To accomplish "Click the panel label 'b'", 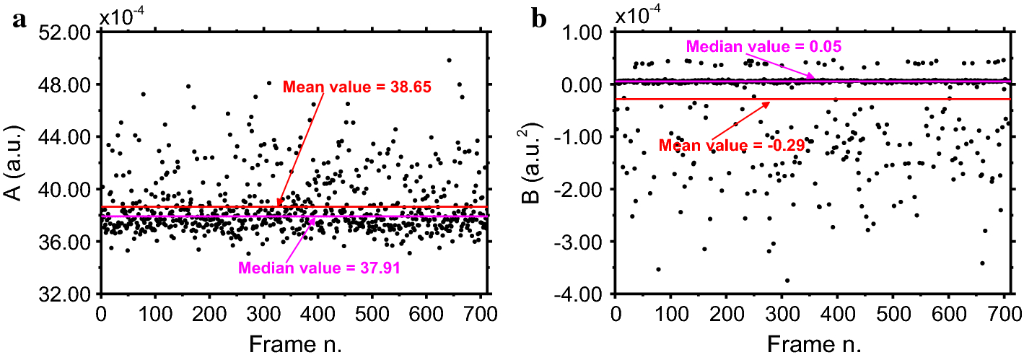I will pyautogui.click(x=539, y=19).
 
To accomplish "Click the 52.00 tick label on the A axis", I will pyautogui.click(x=66, y=32).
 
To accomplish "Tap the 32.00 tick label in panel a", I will pyautogui.click(x=66, y=294).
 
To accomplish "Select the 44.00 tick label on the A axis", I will pyautogui.click(x=66, y=137).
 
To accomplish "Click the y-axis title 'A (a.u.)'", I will pyautogui.click(x=19, y=163).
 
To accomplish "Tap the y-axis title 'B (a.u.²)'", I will pyautogui.click(x=538, y=163).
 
